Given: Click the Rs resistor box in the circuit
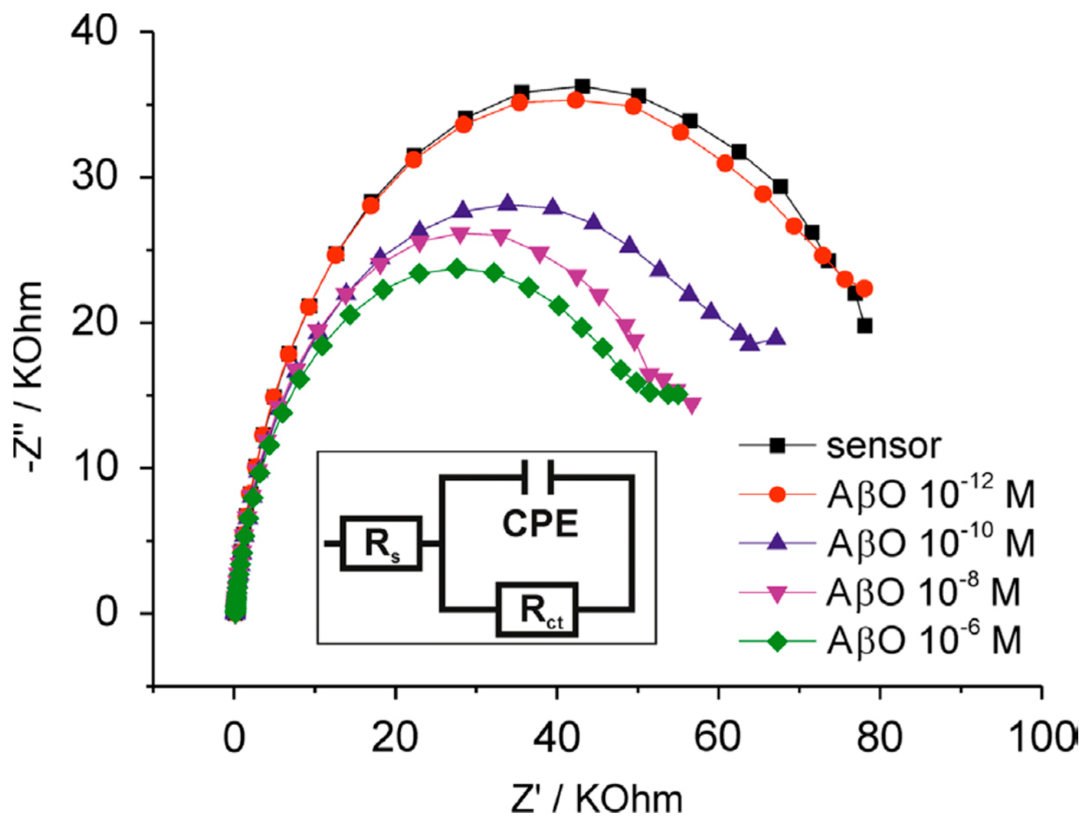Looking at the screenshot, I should pyautogui.click(x=382, y=544).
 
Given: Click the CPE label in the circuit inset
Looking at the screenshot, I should pyautogui.click(x=540, y=524).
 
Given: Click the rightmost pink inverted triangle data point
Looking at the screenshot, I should pyautogui.click(x=692, y=405).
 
